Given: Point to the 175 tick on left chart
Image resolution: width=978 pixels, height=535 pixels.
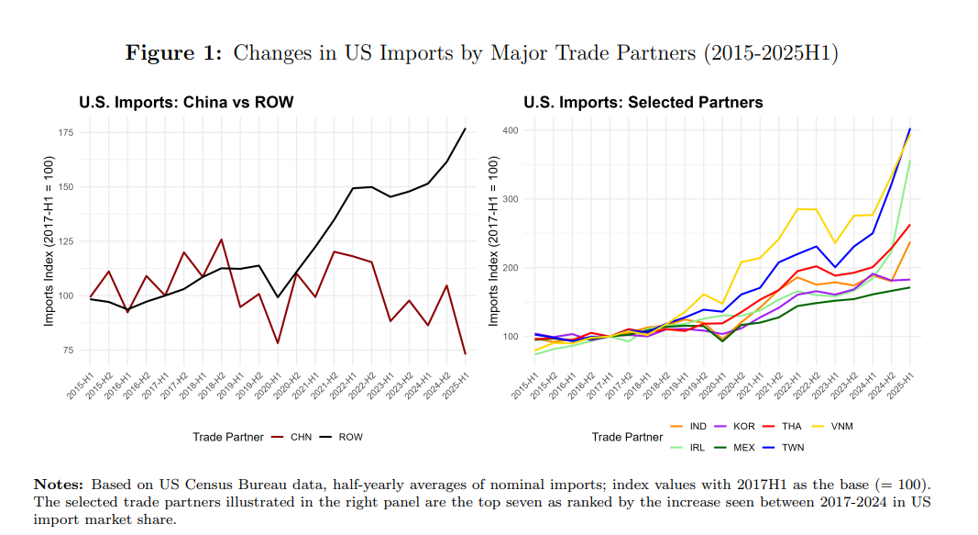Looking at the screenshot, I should tap(66, 133).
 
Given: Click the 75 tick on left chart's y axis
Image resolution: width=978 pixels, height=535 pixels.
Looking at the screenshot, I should tap(69, 351).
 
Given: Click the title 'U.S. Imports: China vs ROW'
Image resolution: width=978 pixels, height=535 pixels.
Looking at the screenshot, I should tap(186, 102).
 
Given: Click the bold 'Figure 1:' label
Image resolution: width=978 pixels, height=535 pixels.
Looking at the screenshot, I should tap(173, 53).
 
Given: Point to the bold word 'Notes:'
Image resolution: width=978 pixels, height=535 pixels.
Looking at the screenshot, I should tap(59, 484).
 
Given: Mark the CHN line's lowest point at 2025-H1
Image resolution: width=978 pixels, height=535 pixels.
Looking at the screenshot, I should tap(466, 354).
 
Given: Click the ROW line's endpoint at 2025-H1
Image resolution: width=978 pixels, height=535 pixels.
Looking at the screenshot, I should tap(466, 128).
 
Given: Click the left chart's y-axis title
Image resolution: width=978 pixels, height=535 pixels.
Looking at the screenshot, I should tap(49, 241).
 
